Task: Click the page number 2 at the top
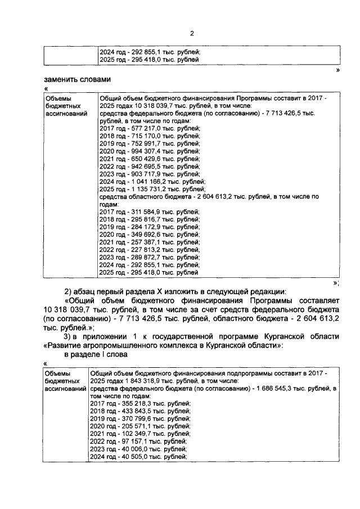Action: [192, 34]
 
